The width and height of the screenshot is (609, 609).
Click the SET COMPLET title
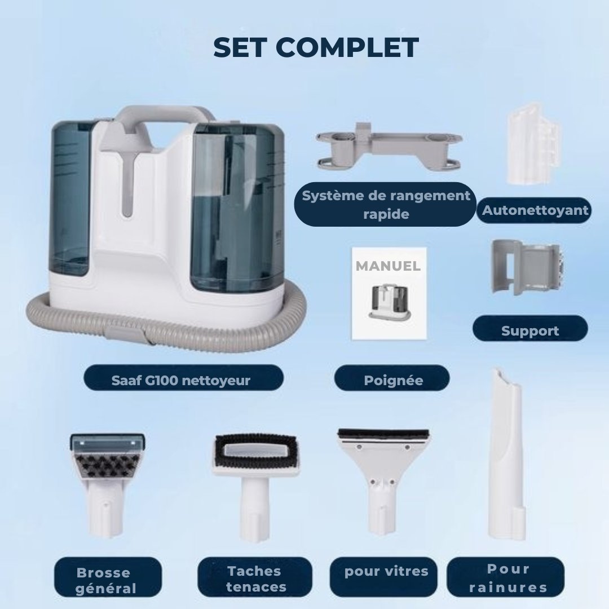pyautogui.click(x=316, y=47)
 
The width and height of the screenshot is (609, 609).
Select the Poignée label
pyautogui.click(x=392, y=380)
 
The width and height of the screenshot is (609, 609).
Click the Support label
pyautogui.click(x=530, y=331)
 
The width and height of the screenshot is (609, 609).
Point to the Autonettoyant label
pyautogui.click(x=535, y=210)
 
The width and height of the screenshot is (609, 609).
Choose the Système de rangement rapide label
pyautogui.click(x=386, y=205)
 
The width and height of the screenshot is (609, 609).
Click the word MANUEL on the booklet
pyautogui.click(x=388, y=266)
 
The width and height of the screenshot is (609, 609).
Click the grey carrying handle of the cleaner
pyautogui.click(x=163, y=117)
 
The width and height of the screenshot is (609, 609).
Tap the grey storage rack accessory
pyautogui.click(x=389, y=147)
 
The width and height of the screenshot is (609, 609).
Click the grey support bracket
pyautogui.click(x=526, y=268)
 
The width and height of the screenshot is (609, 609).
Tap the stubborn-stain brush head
pyautogui.click(x=256, y=486)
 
